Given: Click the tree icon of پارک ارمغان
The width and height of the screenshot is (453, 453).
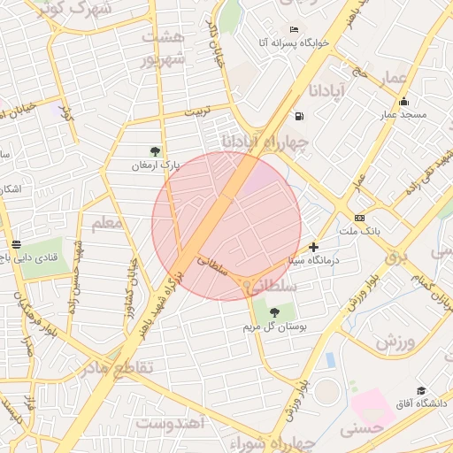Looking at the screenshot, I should (x=156, y=151).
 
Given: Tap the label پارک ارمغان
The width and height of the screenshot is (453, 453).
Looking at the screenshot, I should (x=156, y=165).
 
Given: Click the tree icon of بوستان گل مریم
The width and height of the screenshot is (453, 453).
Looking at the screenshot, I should (x=274, y=312).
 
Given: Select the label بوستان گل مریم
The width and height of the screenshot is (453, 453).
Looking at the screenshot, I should (x=275, y=326).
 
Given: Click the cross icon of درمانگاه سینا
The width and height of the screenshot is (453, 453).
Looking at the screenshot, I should (x=313, y=247).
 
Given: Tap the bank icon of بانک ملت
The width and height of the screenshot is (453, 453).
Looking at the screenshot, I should (x=359, y=218).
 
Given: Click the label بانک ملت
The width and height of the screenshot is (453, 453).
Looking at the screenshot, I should (x=359, y=231).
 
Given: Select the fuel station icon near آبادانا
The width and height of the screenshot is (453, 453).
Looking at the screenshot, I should (x=300, y=116).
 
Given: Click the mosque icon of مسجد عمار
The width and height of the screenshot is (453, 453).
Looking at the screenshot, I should (x=403, y=101).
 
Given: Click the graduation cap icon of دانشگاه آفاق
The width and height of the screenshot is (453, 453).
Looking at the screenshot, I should (x=421, y=390).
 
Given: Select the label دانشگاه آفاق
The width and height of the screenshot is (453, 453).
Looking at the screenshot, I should (x=422, y=404).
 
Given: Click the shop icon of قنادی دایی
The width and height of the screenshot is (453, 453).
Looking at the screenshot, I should (x=16, y=243).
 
